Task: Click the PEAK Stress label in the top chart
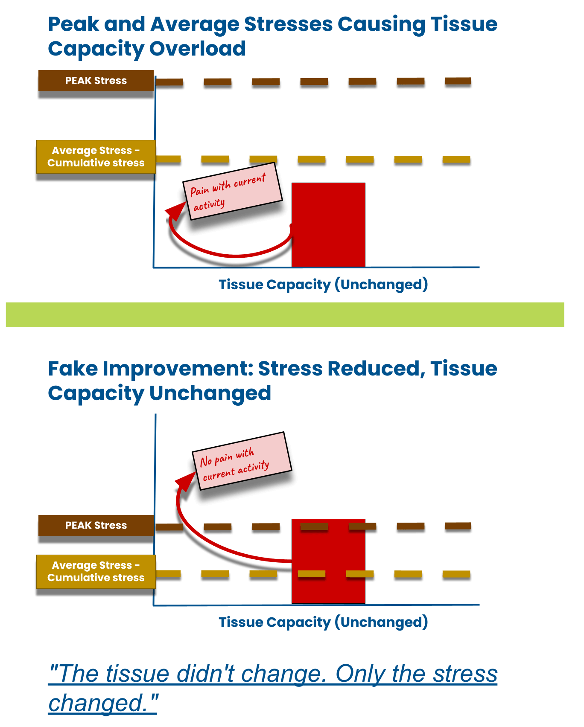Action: point(96,81)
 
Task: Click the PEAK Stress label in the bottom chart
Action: point(96,525)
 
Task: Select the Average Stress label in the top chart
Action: point(96,157)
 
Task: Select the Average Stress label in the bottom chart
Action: point(96,571)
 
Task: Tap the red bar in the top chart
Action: point(328,225)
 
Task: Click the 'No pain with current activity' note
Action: point(242,461)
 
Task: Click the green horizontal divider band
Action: point(285,314)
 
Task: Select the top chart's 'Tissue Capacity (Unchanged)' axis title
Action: point(323,285)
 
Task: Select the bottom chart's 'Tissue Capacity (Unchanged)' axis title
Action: point(323,622)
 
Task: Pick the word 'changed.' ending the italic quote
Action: point(102,703)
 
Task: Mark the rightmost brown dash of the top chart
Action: point(458,81)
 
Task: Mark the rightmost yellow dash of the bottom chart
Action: point(456,574)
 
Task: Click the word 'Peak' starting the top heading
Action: point(73,24)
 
